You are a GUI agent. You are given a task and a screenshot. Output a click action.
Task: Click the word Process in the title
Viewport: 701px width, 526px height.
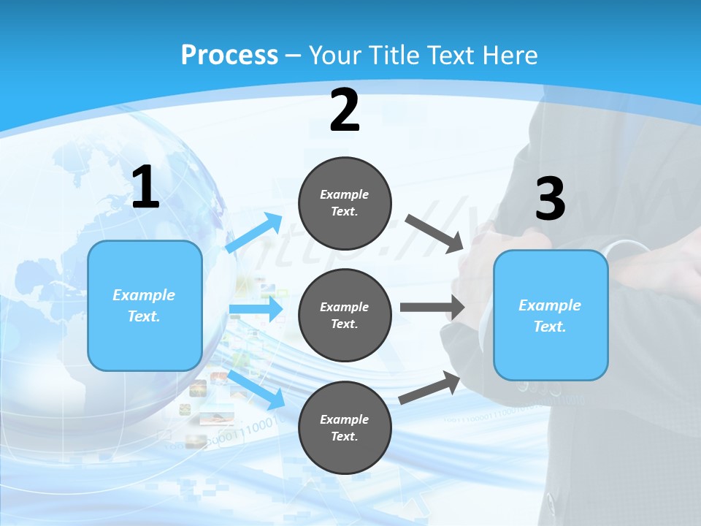[229, 55]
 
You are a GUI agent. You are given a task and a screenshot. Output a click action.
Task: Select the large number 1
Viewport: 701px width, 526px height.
[145, 188]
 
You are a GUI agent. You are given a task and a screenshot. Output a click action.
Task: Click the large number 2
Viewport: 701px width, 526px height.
[345, 110]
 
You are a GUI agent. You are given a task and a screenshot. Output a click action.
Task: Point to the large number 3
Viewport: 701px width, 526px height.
[550, 199]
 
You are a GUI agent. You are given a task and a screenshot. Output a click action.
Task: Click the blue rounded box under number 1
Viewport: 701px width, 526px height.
[145, 305]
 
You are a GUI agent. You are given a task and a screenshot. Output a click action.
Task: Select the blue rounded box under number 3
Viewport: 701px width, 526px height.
[551, 316]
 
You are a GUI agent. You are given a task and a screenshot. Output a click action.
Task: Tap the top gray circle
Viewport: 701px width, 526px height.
[345, 203]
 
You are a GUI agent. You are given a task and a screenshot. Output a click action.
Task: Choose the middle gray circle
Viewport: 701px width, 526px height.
[345, 315]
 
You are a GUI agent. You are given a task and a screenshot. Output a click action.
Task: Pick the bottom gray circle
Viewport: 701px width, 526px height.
[345, 427]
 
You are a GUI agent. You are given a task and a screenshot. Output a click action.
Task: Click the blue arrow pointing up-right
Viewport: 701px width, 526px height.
[255, 232]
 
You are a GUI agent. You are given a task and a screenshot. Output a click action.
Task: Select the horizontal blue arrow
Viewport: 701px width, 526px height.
[256, 309]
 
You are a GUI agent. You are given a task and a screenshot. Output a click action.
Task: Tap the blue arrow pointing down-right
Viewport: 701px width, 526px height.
[256, 389]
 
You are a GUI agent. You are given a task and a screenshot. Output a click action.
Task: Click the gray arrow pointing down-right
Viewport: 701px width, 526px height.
[435, 233]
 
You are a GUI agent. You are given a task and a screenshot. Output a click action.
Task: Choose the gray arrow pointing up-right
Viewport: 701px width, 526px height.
[429, 388]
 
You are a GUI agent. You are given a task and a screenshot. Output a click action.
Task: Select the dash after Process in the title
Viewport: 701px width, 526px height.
[294, 55]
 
